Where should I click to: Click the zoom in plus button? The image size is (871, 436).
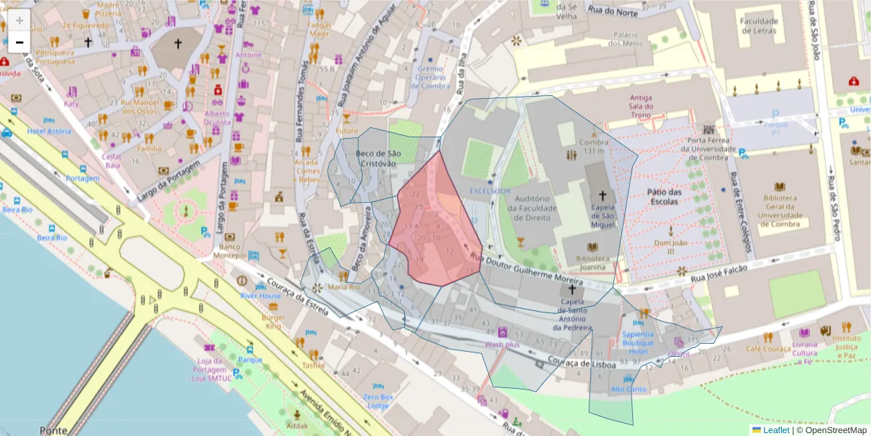[x=19, y=20]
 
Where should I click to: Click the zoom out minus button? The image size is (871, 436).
[x=19, y=41]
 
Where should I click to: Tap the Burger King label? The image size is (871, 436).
[x=274, y=322]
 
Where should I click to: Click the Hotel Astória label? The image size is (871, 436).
[x=49, y=132]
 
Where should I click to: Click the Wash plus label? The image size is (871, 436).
[x=502, y=344]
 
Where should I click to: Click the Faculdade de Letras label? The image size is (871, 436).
[x=758, y=26]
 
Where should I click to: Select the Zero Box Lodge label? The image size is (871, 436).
[x=378, y=402]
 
